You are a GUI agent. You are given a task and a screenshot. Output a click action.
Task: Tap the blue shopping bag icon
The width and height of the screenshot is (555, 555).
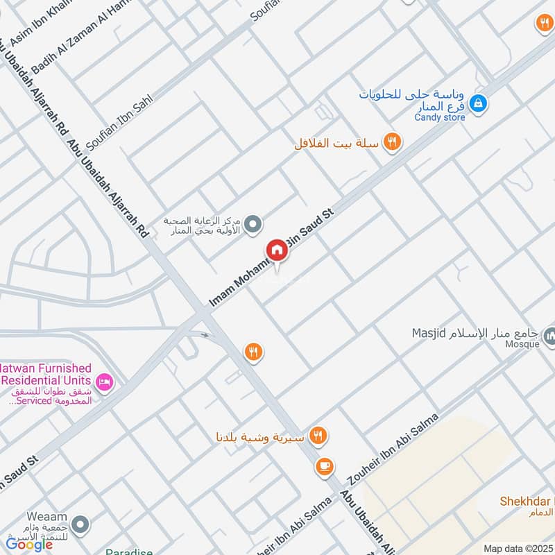(x=477, y=105)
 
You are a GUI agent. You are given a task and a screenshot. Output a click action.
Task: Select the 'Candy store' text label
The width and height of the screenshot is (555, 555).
(x=440, y=117)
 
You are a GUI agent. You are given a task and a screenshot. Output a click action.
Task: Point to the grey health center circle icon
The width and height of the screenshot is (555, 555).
(x=254, y=224)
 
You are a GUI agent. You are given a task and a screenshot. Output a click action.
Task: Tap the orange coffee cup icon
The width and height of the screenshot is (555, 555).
(x=323, y=467)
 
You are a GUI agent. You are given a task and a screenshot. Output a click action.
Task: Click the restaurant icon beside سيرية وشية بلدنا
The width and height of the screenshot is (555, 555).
(x=318, y=436)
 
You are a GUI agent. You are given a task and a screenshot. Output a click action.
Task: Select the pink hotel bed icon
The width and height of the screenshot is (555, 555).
(x=105, y=381)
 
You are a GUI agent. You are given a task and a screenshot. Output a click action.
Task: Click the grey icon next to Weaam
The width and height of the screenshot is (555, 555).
(x=82, y=524)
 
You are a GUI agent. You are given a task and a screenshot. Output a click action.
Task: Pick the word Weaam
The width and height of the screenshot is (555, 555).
(x=46, y=517)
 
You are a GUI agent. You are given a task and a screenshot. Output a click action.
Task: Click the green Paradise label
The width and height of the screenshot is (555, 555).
(x=129, y=552)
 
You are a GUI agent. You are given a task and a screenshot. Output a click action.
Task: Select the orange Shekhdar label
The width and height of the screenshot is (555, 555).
(x=526, y=501)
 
